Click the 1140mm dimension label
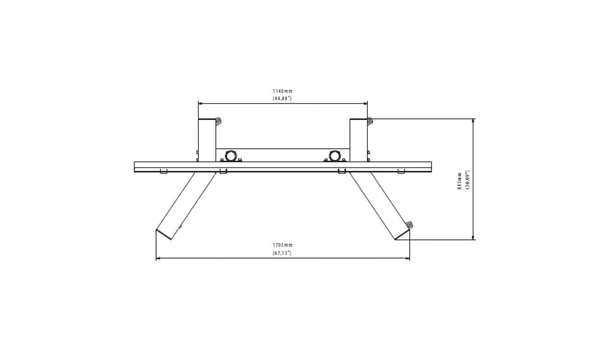point(283,91)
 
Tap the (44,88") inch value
point(283,98)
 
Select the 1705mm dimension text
point(283,245)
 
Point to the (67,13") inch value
point(283,253)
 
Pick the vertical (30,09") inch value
point(467,181)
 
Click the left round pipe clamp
point(230,156)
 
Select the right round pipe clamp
point(335,156)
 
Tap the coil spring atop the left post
point(219,121)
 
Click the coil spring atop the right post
point(370,121)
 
